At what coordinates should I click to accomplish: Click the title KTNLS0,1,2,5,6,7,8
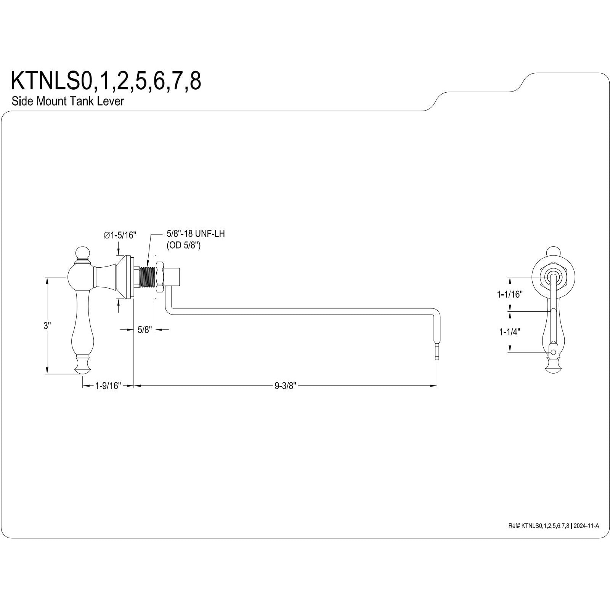(x=106, y=81)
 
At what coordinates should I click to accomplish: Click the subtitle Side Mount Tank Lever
(x=68, y=101)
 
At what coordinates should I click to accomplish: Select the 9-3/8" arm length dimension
(x=285, y=386)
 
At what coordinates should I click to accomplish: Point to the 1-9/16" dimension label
(x=108, y=386)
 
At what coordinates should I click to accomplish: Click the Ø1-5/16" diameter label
(x=119, y=235)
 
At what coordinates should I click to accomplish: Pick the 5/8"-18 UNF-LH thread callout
(x=196, y=233)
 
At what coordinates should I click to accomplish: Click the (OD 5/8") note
(x=183, y=245)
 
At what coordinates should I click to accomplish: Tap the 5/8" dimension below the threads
(x=145, y=329)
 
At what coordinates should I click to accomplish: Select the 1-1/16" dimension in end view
(x=509, y=294)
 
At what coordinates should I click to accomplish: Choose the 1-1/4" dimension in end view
(x=510, y=332)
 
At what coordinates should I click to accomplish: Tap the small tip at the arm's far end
(x=437, y=351)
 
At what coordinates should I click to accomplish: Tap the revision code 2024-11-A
(x=586, y=526)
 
